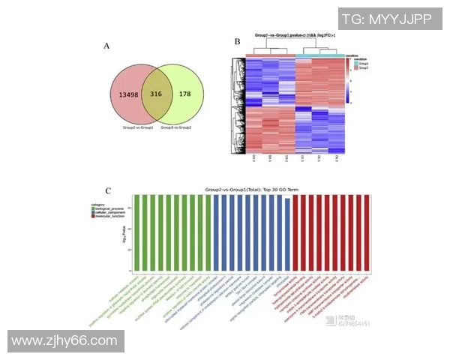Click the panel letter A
107,46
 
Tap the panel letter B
238,42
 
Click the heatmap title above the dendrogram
294,35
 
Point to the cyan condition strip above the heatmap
321,55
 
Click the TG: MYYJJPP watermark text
387,19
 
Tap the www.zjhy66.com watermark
64,341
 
